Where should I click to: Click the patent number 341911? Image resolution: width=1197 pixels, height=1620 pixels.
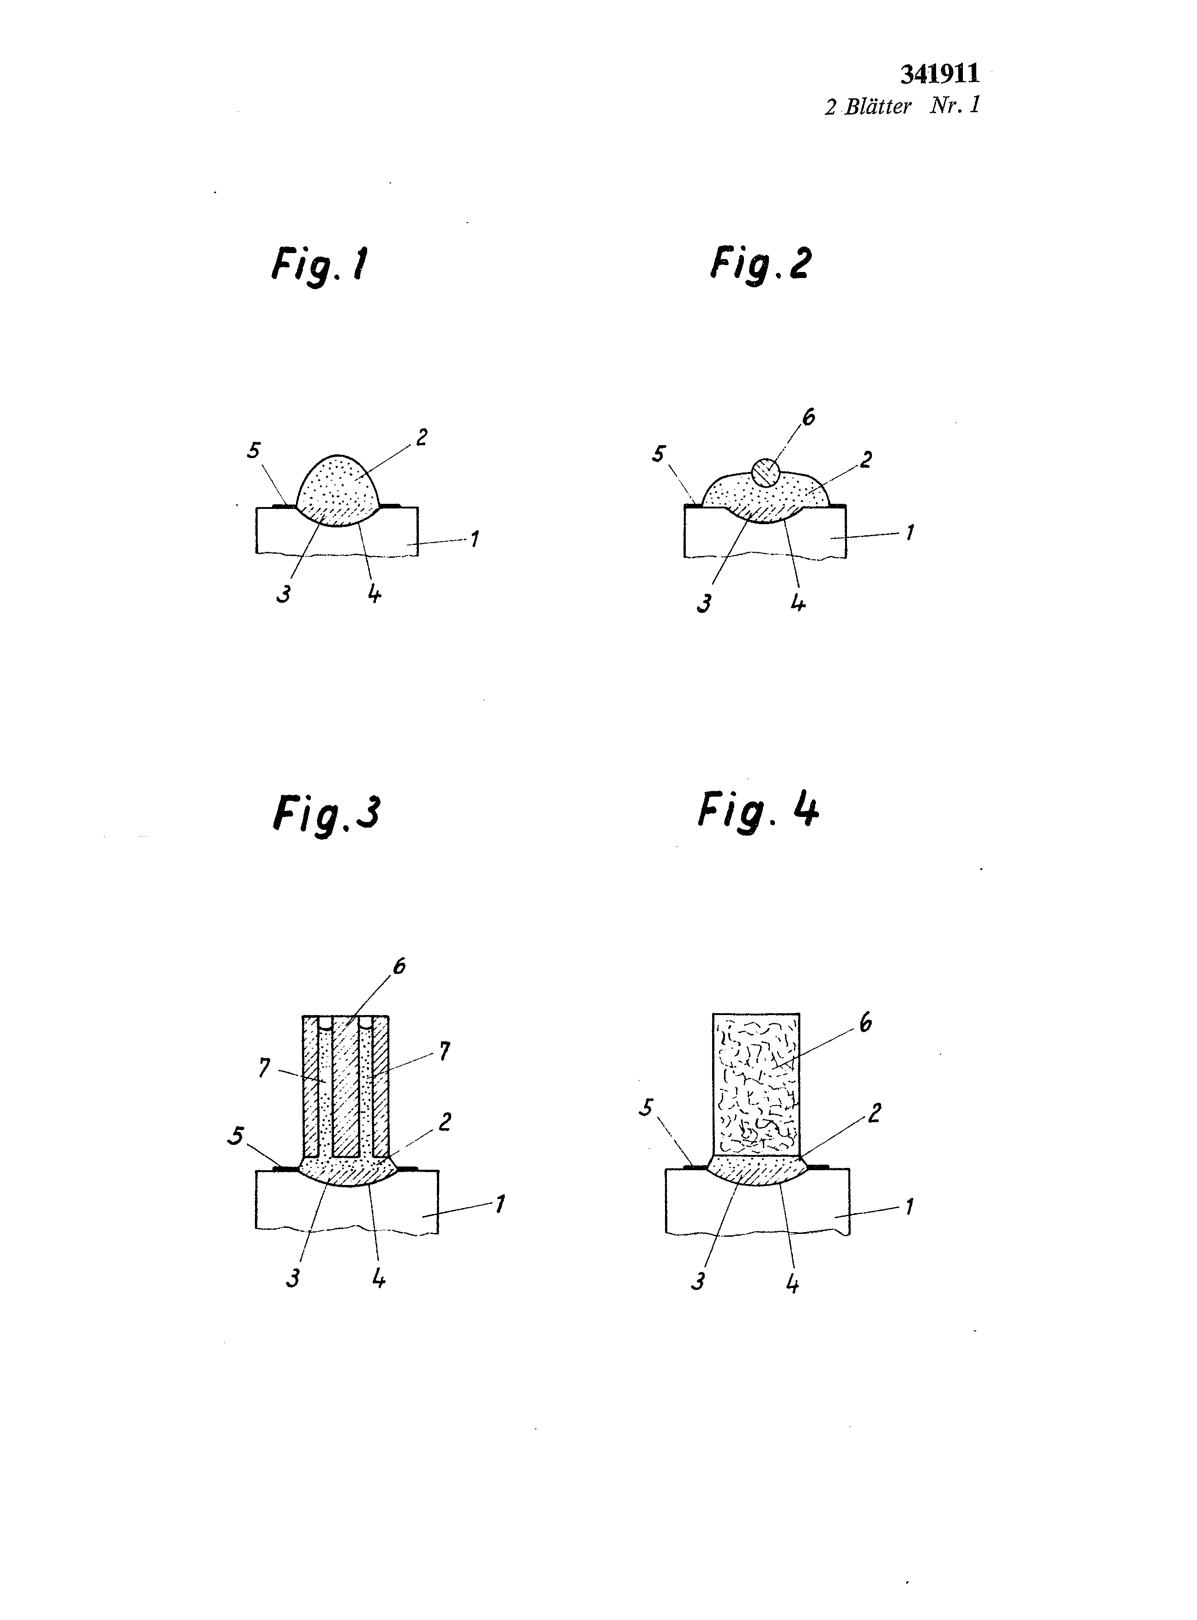click(x=940, y=74)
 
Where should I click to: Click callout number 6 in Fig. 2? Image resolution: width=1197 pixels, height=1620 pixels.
click(x=809, y=417)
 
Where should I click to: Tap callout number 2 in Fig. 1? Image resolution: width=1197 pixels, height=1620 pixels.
click(x=421, y=438)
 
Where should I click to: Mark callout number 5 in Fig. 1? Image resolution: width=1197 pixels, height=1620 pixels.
click(x=254, y=451)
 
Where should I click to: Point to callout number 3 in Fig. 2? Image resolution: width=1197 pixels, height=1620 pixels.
click(x=703, y=604)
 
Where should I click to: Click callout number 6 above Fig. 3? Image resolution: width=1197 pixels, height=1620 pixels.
click(x=399, y=967)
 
